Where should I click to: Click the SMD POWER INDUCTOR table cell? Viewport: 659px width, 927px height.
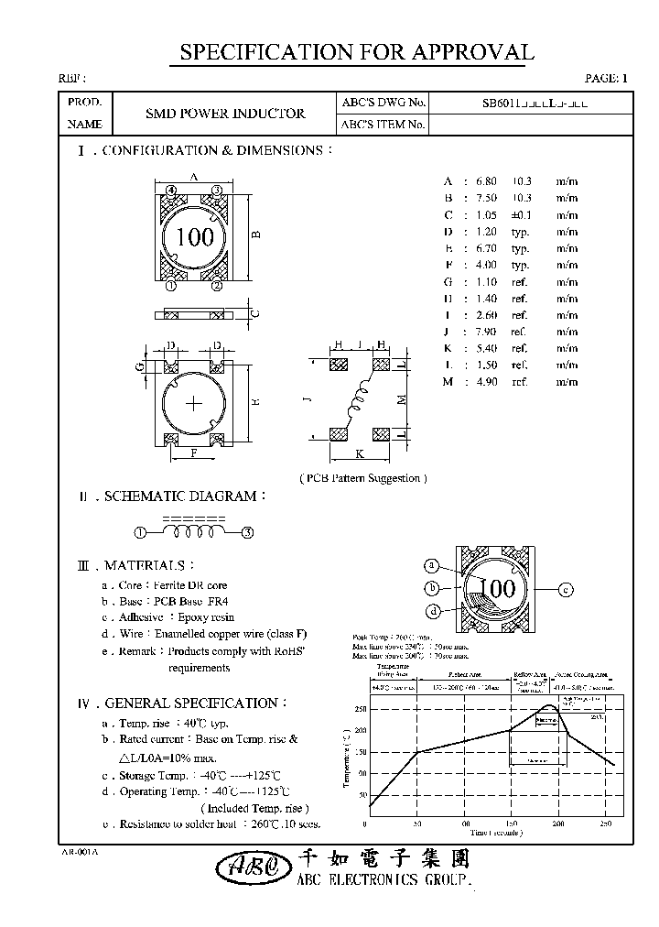[225, 114]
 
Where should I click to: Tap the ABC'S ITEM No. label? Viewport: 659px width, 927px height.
[383, 125]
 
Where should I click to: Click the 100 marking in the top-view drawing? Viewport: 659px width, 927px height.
[194, 237]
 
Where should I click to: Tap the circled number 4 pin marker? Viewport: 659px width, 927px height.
[171, 190]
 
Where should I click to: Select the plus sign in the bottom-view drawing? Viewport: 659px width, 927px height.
[194, 403]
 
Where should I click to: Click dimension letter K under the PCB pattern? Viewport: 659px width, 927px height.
[359, 453]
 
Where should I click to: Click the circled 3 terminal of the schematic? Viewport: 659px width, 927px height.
[247, 531]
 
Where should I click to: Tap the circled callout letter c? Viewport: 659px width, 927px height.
[566, 589]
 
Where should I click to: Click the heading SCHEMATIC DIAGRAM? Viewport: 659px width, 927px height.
[180, 496]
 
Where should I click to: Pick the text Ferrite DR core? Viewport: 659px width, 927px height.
[193, 584]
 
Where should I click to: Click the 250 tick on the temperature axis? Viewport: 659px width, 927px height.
[359, 708]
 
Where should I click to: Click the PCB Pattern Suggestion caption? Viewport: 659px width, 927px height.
[363, 478]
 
